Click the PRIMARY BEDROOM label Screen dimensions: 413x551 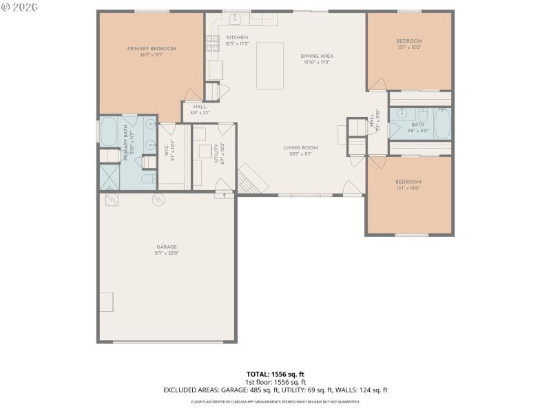[152, 49]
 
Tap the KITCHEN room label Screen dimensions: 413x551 [237, 38]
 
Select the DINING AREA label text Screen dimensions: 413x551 [317, 56]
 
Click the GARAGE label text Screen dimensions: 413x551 [167, 247]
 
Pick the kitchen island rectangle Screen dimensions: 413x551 [269, 65]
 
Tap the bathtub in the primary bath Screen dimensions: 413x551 [110, 131]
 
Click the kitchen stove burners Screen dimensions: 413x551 [211, 43]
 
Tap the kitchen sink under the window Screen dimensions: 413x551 [234, 17]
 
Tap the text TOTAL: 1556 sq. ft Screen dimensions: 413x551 [275, 374]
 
